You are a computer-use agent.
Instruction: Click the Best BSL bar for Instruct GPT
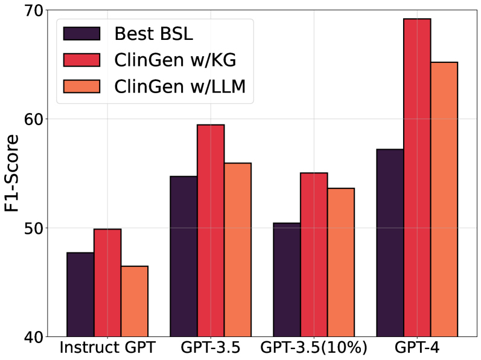tap(80, 294)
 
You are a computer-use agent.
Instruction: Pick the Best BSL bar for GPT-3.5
tap(183, 256)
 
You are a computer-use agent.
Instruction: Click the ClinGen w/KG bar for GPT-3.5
tap(211, 230)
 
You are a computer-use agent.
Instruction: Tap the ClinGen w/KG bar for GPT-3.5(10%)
tap(314, 254)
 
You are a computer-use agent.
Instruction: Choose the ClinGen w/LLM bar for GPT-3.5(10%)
tap(341, 262)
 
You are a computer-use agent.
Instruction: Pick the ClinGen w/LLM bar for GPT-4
tap(444, 199)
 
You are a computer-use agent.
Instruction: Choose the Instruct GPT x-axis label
tap(107, 349)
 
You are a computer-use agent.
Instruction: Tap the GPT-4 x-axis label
tap(417, 349)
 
